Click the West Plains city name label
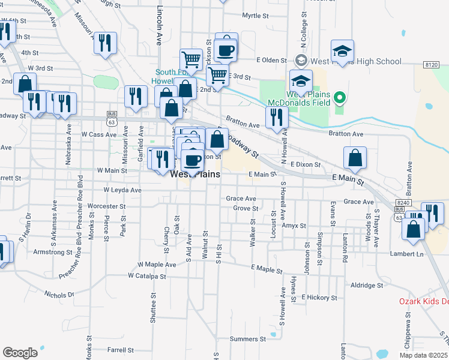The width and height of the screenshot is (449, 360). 195,175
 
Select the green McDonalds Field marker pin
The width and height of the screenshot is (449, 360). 340,97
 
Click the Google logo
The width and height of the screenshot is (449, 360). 20,353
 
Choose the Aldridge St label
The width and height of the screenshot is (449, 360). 367,286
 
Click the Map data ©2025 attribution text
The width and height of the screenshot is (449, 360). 423,355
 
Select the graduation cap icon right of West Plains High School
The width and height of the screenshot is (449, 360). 342,52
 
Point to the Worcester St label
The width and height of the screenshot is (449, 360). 106,206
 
